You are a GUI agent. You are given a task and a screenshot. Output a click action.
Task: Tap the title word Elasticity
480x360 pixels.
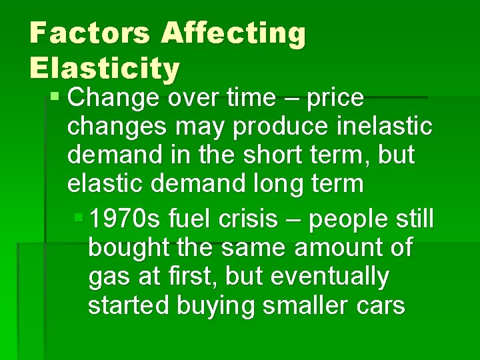pos(105,67)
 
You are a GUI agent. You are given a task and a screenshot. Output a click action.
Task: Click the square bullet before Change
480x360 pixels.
pos(56,98)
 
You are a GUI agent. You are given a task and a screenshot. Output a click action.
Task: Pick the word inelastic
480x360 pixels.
pos(377,127)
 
